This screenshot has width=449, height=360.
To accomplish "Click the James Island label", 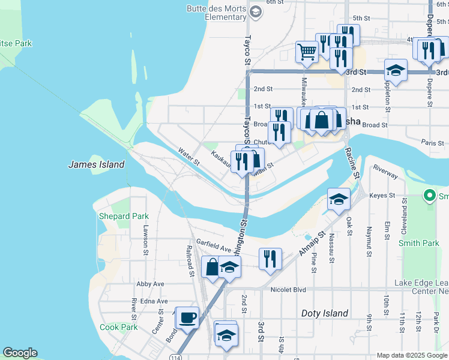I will point(97,164).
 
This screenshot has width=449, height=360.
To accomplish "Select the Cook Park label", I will point(118,327).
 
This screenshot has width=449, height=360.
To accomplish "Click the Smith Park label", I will point(419,244).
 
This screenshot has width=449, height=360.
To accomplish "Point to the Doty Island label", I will point(324,313).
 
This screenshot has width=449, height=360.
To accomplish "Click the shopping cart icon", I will point(307,52).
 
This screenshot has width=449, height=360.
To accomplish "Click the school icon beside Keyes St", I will point(339,199).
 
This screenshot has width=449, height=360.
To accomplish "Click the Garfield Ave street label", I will point(217,248).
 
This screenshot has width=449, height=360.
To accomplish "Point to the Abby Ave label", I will point(150,284).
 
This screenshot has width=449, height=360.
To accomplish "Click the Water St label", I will point(188,158).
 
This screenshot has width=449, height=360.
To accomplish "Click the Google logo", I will point(20,353).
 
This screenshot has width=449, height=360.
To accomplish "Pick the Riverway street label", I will point(385,171).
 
